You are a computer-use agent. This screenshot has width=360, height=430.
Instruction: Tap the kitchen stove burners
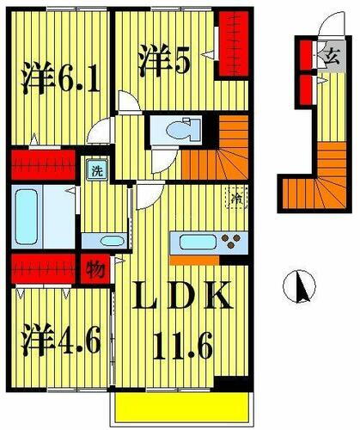pyautogui.click(x=230, y=239)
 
